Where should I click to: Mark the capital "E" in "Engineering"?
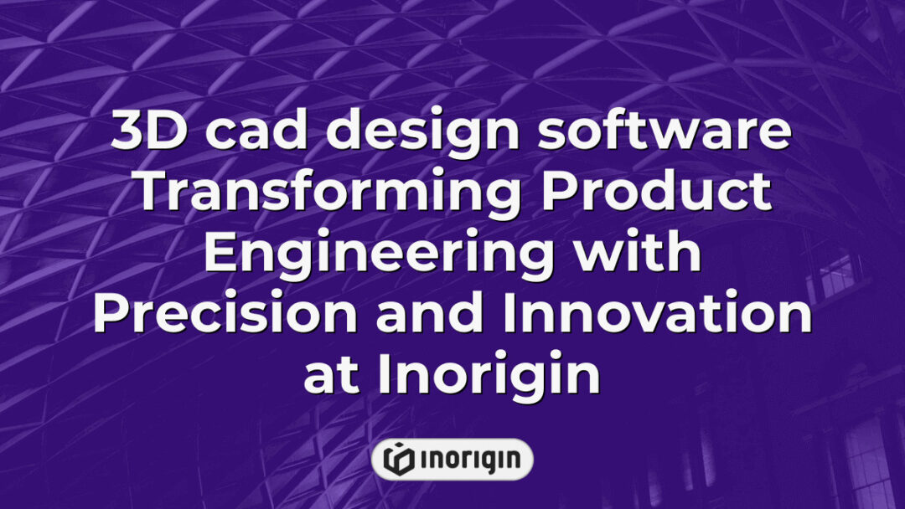pyautogui.click(x=220, y=254)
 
